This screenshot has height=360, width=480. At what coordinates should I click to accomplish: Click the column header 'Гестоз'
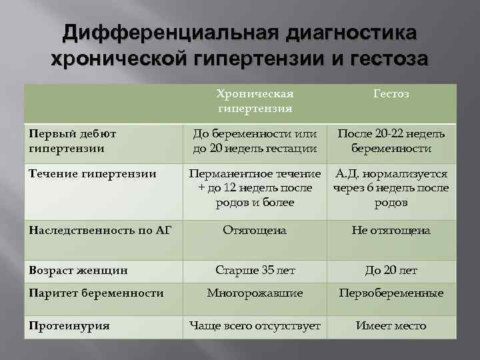(391, 94)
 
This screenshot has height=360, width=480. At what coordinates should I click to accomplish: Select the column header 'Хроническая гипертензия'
(255, 101)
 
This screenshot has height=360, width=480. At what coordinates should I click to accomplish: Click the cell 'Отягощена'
(255, 230)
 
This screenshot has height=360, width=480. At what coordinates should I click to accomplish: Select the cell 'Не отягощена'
(391, 230)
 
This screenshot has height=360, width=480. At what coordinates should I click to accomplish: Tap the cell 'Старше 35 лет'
(255, 271)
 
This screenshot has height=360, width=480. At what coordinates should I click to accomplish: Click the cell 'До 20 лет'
(391, 271)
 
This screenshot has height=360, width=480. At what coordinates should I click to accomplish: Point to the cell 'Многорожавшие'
(255, 293)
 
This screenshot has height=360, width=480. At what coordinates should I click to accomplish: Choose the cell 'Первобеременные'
(391, 293)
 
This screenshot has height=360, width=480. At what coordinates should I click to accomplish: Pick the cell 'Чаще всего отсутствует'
(255, 325)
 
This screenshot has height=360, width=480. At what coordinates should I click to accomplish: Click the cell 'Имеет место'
(391, 325)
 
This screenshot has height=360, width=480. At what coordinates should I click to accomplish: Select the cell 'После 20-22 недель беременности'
(391, 141)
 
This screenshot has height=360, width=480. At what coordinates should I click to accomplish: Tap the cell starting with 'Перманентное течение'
(255, 189)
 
